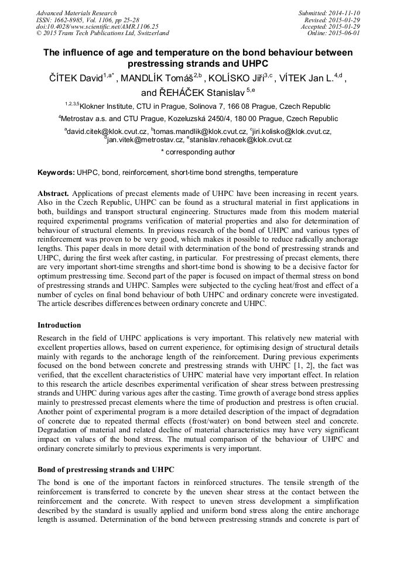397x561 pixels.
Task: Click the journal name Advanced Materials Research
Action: tap(77, 13)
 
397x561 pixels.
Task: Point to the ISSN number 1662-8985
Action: tap(69, 20)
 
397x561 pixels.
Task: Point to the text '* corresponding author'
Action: tap(198, 152)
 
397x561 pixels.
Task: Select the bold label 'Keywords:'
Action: tap(56, 173)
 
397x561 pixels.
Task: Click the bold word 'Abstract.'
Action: tap(53, 193)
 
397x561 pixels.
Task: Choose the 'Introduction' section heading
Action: tap(59, 325)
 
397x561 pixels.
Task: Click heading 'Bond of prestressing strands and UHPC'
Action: tap(105, 470)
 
